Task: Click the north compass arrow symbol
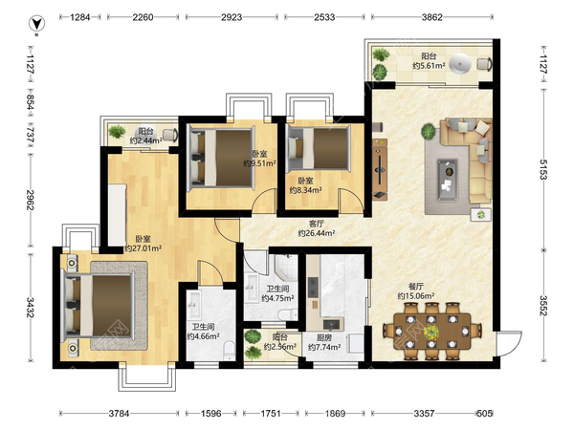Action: [36, 24]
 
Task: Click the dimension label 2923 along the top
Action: [232, 17]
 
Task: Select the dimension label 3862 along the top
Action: [432, 17]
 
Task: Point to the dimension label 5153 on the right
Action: [543, 169]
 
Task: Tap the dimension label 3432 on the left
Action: [31, 308]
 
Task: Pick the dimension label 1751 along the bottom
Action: [271, 414]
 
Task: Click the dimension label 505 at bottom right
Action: [484, 414]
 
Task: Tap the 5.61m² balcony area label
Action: [429, 66]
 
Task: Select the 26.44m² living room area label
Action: [317, 233]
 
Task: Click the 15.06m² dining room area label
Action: [416, 296]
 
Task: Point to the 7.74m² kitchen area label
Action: [324, 347]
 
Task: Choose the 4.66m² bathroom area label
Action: [203, 336]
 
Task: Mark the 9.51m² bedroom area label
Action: [259, 163]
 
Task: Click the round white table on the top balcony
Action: [460, 64]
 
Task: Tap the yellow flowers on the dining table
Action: [431, 332]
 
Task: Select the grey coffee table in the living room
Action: [448, 180]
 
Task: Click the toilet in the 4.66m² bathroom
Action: [230, 349]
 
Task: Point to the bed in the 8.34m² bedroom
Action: [319, 148]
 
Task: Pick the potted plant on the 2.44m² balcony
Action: [117, 131]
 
